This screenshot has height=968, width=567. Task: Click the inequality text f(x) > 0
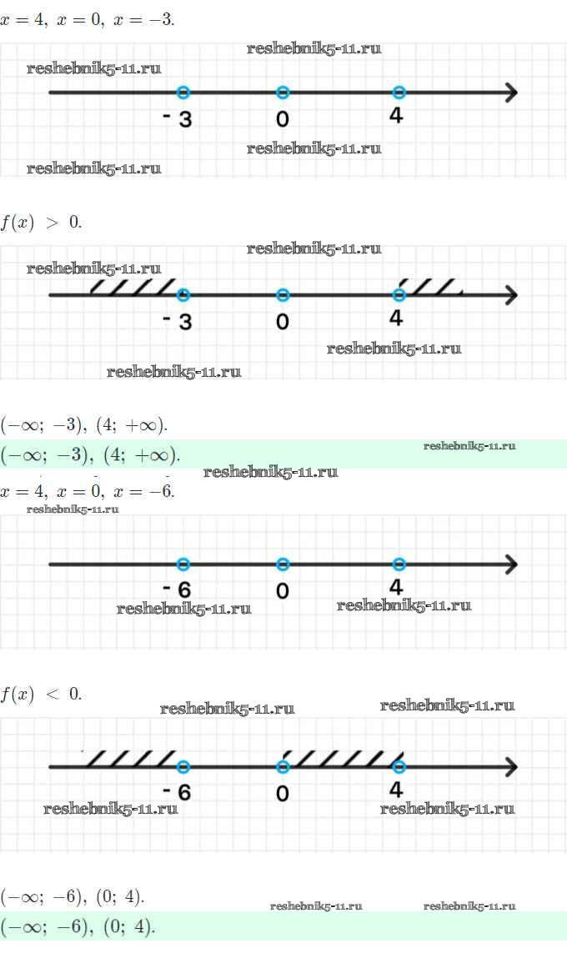tap(41, 223)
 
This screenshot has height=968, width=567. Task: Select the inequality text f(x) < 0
tap(41, 694)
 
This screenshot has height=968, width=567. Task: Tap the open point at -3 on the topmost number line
tap(183, 93)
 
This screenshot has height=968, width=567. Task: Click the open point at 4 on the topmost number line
tap(399, 93)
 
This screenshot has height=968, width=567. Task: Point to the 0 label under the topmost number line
tap(283, 119)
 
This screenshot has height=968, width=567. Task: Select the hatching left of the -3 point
tap(133, 288)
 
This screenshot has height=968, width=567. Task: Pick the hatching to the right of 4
tap(430, 287)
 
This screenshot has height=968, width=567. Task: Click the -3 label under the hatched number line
tap(178, 321)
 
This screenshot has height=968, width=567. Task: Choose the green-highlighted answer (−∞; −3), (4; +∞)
tap(90, 455)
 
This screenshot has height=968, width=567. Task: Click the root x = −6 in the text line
tap(143, 491)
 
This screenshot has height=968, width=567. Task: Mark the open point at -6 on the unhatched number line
tap(183, 564)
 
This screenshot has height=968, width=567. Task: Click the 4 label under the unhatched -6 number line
tap(396, 587)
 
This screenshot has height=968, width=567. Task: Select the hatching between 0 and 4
tap(340, 759)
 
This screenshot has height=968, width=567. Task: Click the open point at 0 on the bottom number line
tap(283, 766)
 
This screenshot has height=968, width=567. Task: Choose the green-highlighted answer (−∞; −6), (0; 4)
tap(78, 926)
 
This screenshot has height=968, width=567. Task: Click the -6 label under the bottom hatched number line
tap(178, 791)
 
